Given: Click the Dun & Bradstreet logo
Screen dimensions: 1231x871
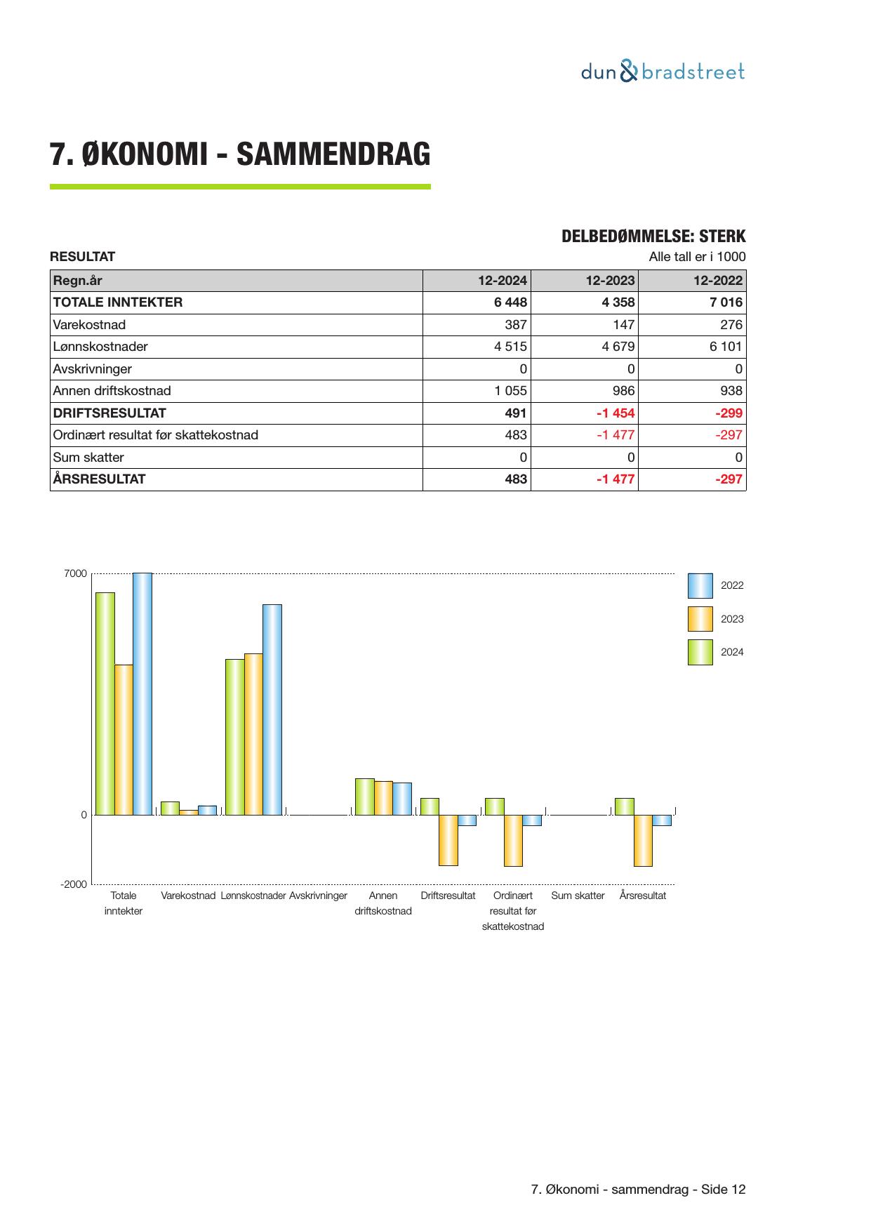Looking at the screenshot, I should tap(663, 72).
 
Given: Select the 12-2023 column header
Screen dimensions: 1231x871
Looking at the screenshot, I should tap(610, 281).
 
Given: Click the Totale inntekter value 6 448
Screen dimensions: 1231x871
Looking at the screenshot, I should tap(510, 302).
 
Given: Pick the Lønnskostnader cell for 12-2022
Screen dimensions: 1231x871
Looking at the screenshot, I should tap(725, 347).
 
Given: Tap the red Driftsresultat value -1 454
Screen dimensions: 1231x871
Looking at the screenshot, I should tap(615, 413).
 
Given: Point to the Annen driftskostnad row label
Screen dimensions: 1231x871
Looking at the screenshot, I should tap(112, 391).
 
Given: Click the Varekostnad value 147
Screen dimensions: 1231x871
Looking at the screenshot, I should tap(623, 325).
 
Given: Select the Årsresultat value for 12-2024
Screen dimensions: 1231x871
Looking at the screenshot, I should tap(516, 479).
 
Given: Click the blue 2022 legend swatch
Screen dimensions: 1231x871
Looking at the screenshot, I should tap(700, 585).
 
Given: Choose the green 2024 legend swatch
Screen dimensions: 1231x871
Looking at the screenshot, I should tap(700, 652).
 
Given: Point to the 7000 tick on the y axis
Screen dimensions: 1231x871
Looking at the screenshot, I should tap(76, 574).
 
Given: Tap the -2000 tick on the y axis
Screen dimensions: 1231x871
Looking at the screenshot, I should tap(74, 884).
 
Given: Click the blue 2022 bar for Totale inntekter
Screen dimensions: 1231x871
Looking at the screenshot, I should tap(142, 693).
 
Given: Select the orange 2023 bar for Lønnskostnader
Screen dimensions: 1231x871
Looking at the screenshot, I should tap(253, 734).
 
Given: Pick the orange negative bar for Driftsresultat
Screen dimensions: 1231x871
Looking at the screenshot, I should tap(448, 840).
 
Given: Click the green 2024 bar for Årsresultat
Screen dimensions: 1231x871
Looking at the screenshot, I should tap(624, 806).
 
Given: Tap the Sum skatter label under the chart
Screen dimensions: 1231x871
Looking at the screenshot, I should tap(578, 896).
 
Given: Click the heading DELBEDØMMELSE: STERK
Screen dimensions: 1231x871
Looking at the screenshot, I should tap(653, 237).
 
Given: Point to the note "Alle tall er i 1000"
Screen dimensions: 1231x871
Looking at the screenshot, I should tap(697, 257).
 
